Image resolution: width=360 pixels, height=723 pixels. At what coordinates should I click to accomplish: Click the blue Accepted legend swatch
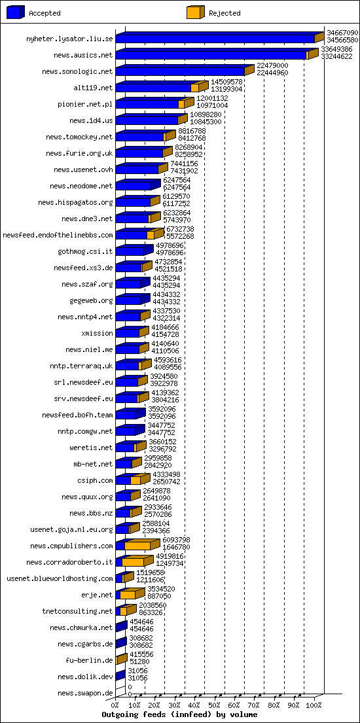click(16, 12)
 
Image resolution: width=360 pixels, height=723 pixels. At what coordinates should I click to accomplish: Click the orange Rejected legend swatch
click(195, 12)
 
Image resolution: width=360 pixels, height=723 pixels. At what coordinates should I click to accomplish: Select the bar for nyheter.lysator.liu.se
click(216, 39)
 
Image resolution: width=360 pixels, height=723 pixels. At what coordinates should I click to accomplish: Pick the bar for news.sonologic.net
click(180, 72)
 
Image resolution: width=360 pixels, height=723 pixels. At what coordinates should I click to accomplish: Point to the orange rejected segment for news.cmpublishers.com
click(137, 546)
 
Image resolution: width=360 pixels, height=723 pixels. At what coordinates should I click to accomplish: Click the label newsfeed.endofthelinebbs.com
click(58, 235)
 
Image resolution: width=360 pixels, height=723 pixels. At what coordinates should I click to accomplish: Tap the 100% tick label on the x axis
click(314, 705)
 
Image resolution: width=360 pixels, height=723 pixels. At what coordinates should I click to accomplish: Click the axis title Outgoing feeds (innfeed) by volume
click(179, 714)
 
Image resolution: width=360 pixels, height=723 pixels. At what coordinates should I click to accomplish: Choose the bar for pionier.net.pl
click(147, 104)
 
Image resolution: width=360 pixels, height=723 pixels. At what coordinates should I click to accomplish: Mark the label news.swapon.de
click(85, 693)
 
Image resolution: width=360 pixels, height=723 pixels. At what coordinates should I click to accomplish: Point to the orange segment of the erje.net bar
click(128, 595)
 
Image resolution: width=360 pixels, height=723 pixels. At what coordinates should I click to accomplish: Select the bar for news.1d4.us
click(147, 120)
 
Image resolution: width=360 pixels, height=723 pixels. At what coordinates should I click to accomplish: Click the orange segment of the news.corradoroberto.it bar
click(133, 562)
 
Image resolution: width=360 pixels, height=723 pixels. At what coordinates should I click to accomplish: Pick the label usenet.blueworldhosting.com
click(60, 578)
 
